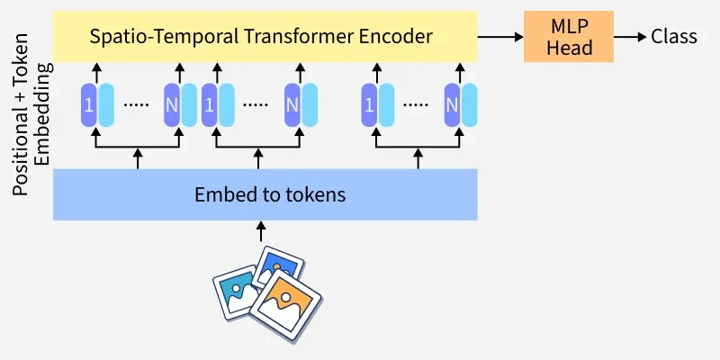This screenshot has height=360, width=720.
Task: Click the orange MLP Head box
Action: point(568,37)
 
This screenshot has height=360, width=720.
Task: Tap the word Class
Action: point(674,37)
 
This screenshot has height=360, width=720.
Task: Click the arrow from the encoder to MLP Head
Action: point(499,37)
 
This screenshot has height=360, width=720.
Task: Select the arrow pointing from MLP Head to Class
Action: point(630,37)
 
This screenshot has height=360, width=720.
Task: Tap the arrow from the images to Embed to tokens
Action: point(262,232)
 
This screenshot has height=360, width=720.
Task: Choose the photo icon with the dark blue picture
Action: point(274,266)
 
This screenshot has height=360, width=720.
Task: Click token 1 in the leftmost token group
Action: point(89,104)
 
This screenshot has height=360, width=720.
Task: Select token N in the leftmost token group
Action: point(172,104)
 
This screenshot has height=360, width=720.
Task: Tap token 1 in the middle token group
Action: point(210,104)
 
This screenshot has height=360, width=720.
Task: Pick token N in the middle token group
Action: point(292,104)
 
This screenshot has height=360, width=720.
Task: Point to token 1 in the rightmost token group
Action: point(368,104)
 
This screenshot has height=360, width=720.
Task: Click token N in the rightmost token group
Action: point(451,104)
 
